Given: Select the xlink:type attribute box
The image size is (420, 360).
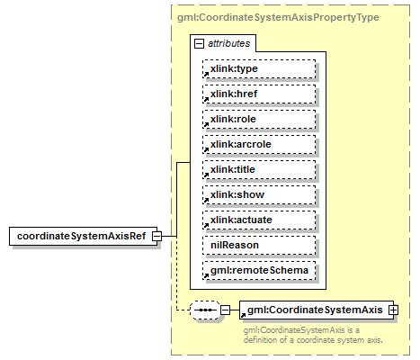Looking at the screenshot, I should [259, 68].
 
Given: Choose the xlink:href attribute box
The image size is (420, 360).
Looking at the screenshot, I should [259, 94].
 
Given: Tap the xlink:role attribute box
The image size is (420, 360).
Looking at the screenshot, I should [259, 119].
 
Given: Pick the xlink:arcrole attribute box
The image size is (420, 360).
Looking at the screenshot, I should [259, 144].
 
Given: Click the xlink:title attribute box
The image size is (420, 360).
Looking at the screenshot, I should [259, 169].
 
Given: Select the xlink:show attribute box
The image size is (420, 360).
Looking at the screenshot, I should [259, 194].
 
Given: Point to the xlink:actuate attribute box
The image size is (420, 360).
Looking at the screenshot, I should [259, 220].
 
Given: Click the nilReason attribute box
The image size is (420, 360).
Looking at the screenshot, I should [259, 245].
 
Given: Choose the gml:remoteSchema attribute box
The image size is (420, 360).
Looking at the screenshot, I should [259, 270].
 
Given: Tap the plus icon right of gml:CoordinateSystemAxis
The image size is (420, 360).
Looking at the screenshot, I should [392, 310].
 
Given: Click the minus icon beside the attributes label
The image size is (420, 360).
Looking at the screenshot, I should [198, 42].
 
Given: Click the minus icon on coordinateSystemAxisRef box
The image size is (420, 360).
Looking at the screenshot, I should [156, 236].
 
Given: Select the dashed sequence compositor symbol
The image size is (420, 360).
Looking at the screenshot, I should [206, 310].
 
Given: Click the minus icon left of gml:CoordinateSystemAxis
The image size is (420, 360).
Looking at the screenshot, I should [226, 310].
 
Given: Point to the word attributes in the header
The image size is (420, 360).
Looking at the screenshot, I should [229, 42].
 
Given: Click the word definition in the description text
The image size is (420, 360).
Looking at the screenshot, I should [267, 340].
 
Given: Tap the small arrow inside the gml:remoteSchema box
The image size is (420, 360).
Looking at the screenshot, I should [206, 275].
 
